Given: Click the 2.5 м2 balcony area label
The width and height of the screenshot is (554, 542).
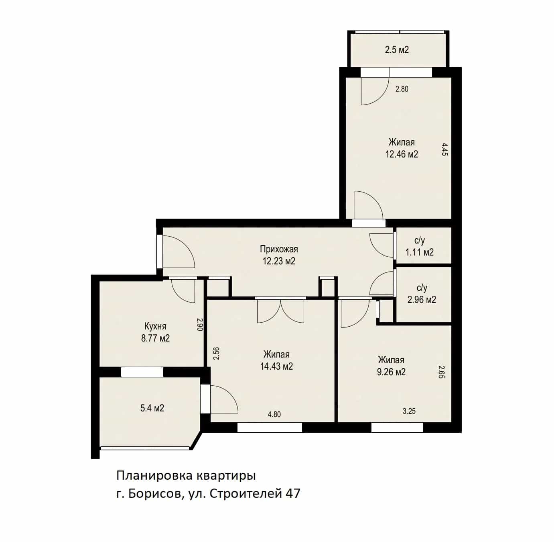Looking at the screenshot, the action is (x=397, y=50).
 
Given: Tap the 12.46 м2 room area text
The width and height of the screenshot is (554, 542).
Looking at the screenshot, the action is (x=402, y=154).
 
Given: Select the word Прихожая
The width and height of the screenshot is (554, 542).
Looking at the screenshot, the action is (x=279, y=249).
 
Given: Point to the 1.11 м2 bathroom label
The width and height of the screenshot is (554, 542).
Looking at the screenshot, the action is (x=419, y=252).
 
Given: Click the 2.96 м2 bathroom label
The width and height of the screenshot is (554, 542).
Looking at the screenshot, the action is (x=422, y=300).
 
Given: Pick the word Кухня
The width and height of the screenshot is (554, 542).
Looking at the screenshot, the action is (x=155, y=326).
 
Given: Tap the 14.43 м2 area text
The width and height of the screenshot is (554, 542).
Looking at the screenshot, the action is (x=276, y=366).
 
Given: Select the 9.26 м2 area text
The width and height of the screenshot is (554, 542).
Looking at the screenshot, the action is (x=391, y=372).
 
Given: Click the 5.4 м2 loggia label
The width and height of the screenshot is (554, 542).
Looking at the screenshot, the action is (x=152, y=408).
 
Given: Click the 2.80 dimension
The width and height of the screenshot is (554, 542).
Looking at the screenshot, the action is (x=402, y=89).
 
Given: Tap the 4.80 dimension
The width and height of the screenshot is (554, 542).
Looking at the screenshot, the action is (x=274, y=414).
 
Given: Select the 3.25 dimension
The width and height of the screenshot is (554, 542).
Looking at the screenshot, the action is (x=409, y=411).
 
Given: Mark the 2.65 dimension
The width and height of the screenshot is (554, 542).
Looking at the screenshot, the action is (x=441, y=372).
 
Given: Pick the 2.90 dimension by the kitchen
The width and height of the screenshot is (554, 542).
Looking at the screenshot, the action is (x=199, y=324).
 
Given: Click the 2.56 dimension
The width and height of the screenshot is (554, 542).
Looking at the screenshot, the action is (x=216, y=353).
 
